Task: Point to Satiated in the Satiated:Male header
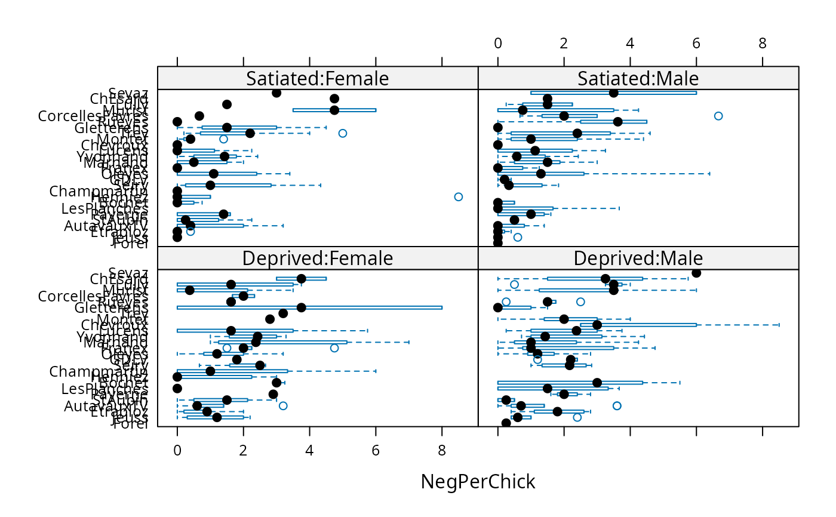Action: [614, 79]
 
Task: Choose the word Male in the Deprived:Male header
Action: [681, 258]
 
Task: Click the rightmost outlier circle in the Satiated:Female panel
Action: [458, 197]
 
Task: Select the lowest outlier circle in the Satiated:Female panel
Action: [190, 232]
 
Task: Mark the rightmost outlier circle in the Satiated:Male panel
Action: [718, 116]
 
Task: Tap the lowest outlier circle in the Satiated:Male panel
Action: [518, 238]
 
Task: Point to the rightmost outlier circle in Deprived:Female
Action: [334, 348]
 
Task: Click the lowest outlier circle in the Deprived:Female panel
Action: [283, 406]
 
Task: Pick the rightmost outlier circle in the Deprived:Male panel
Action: [617, 406]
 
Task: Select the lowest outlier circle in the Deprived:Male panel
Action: [577, 417]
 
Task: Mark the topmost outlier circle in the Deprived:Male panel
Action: [514, 284]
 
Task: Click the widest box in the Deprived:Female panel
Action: [309, 307]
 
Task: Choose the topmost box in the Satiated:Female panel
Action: [334, 110]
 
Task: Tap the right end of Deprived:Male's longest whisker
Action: [779, 325]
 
